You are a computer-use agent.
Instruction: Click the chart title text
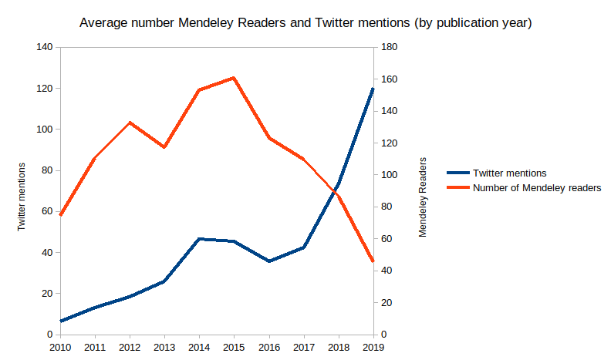tap(306, 23)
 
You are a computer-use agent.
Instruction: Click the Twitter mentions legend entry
tap(510, 173)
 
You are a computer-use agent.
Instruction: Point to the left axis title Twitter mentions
tap(22, 197)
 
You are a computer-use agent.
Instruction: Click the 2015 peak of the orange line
tap(234, 78)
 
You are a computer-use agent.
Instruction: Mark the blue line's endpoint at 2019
tap(373, 89)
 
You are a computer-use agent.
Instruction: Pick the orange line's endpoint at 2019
tap(373, 261)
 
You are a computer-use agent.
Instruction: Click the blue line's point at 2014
tap(199, 239)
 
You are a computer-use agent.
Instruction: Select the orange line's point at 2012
tap(130, 123)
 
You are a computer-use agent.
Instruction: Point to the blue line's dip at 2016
tap(268, 261)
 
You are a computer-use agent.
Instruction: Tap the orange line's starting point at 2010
tap(60, 214)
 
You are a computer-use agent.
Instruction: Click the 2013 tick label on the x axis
tap(164, 348)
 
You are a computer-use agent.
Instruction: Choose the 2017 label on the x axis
tap(303, 348)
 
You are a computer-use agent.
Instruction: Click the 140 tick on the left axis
tap(45, 48)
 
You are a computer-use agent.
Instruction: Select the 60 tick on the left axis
tap(47, 211)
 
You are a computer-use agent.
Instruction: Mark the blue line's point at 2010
tap(60, 321)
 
